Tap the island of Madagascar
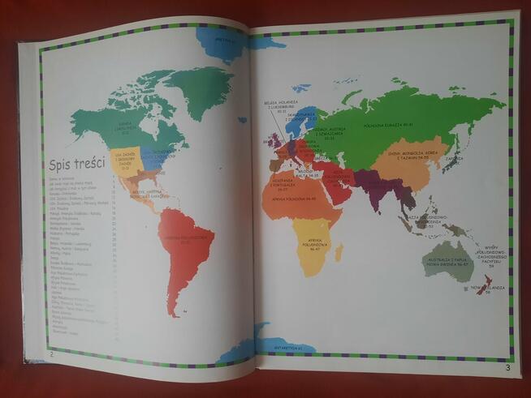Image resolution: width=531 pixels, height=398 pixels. pyautogui.click(x=339, y=252)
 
